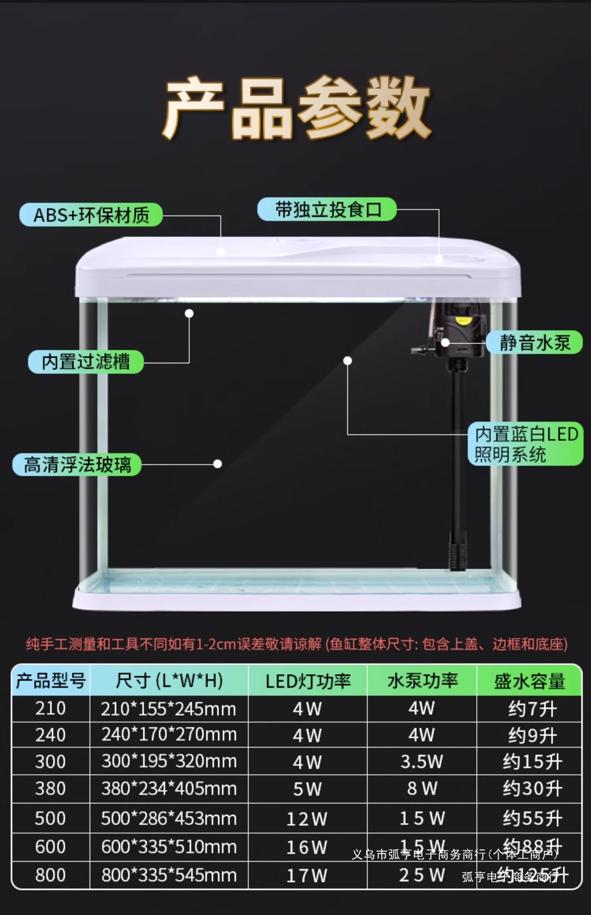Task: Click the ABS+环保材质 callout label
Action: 91,215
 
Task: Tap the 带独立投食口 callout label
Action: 327,209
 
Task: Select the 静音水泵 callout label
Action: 534,342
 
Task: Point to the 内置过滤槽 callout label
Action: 86,362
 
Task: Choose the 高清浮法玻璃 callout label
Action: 77,465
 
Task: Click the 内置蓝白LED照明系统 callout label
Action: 526,444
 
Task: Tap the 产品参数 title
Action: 296,108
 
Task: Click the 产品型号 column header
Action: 51,681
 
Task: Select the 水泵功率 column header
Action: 422,681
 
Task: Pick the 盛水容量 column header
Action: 529,681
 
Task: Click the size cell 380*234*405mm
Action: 169,789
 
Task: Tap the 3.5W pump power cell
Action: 422,762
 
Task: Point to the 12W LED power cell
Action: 306,819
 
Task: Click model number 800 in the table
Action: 51,875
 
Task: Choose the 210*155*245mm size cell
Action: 168,709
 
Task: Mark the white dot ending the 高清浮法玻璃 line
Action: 218,464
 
